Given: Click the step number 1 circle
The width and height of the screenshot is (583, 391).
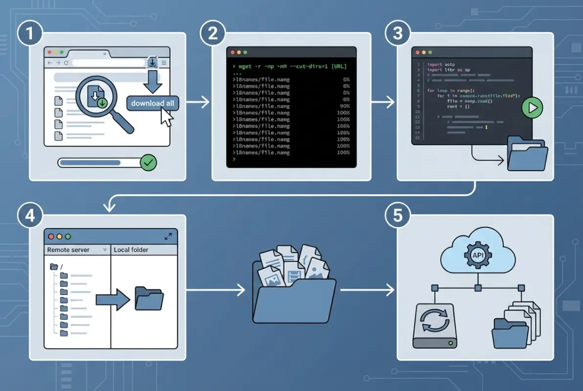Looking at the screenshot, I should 29,35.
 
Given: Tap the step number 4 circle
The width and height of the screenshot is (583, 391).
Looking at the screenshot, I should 29,216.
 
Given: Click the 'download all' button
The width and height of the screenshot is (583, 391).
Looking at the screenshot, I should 153,104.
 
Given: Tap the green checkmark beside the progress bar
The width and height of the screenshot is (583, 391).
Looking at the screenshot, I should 148,163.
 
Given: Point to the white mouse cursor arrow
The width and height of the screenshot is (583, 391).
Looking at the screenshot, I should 166,117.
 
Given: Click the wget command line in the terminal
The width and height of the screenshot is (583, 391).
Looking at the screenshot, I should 291,66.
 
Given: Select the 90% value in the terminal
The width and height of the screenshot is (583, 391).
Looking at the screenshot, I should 344,106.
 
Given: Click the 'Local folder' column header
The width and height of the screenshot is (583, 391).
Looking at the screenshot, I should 131,250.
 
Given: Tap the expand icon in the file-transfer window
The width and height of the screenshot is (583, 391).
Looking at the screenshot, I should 168,237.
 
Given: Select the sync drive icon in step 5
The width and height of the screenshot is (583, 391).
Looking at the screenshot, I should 435,326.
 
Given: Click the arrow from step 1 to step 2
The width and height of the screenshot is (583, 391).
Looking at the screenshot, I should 198,102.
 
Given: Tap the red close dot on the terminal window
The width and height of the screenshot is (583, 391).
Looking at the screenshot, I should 232,52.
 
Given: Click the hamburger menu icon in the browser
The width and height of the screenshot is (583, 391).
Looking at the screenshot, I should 164,63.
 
